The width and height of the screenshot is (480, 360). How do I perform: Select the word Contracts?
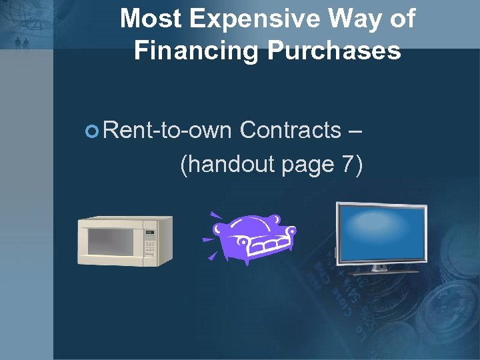[290, 130]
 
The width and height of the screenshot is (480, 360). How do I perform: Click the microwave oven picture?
[125, 241]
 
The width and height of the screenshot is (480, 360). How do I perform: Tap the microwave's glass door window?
[112, 241]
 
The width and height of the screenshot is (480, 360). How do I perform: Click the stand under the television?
[381, 269]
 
